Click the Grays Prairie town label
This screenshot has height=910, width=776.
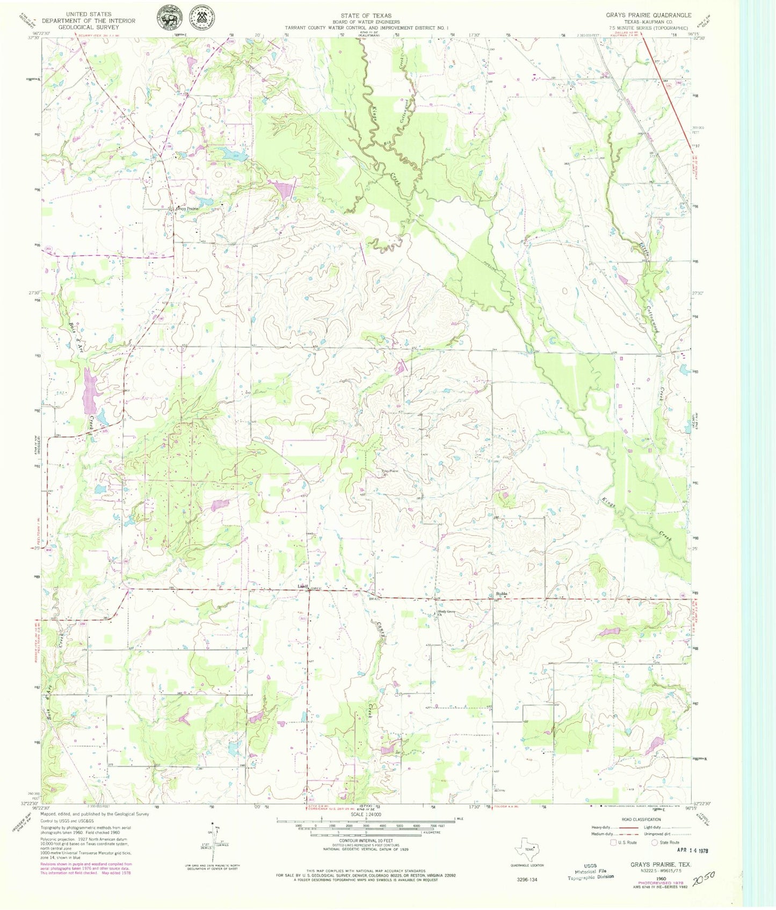(184, 208)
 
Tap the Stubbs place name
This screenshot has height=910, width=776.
(501, 594)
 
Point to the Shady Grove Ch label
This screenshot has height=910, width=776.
(445, 612)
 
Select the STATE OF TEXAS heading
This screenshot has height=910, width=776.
(366, 16)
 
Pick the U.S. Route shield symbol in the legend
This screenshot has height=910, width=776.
(613, 842)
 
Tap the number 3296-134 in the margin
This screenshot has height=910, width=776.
(526, 880)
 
